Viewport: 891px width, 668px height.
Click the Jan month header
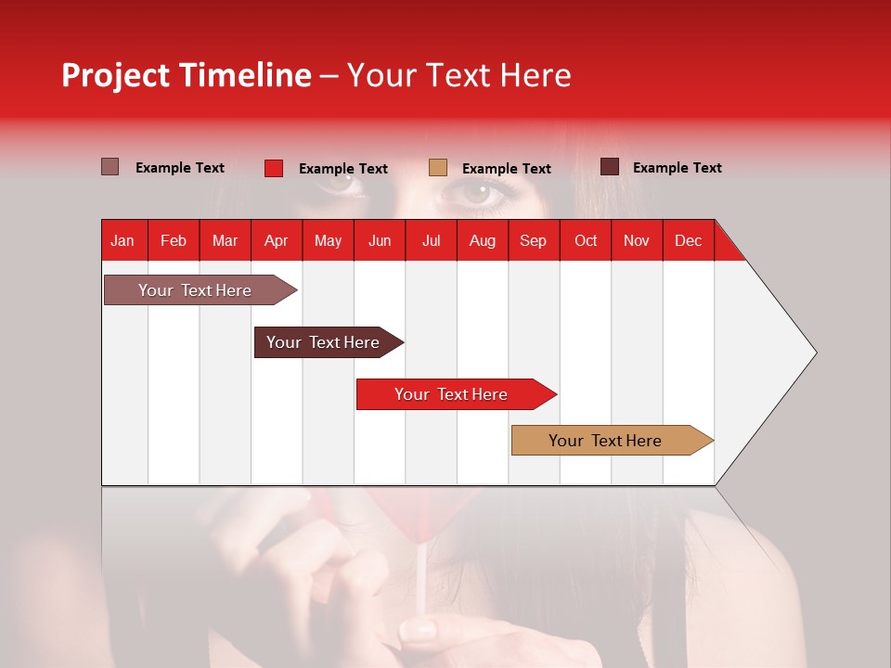[123, 240]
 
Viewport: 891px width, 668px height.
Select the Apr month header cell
[276, 240]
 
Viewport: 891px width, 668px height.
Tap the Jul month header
[431, 240]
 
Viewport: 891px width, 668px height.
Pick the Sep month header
[533, 240]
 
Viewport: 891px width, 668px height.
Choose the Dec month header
[688, 240]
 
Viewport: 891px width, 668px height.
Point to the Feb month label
[174, 240]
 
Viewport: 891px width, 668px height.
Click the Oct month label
[586, 240]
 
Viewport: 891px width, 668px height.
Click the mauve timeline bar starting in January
[195, 290]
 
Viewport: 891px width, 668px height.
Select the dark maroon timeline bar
[323, 342]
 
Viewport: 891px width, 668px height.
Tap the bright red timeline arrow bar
[451, 394]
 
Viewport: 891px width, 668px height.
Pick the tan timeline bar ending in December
[605, 441]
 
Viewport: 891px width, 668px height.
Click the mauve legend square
[110, 167]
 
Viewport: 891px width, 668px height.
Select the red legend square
[274, 168]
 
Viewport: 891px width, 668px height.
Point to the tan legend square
[438, 168]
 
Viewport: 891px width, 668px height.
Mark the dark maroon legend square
[610, 167]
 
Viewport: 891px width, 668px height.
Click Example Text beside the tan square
[506, 169]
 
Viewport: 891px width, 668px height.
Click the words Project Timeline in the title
[187, 75]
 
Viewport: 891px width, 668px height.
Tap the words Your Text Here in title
[458, 75]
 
